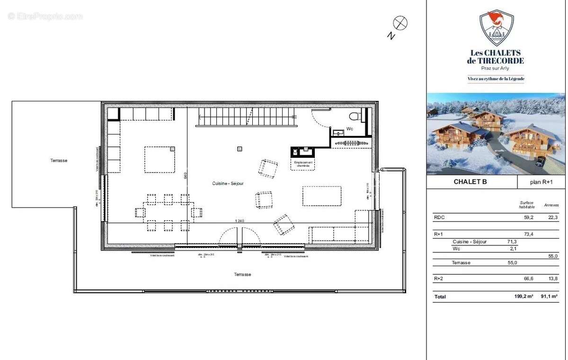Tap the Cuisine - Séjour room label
pos(227,183)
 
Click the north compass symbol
pos(400,22)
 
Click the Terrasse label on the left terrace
pos(59,161)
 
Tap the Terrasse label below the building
pos(242,274)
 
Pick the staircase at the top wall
pos(246,117)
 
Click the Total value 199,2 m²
pos(524,297)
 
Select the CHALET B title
pos(470,181)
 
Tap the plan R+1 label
pos(541,182)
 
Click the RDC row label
pos(439,218)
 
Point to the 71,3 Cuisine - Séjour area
pos(512,242)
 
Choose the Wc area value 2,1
pos(513,249)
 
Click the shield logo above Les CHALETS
pos(496,28)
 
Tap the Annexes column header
pos(551,205)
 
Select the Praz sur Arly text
pos(495,68)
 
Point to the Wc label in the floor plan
pos(350,128)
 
